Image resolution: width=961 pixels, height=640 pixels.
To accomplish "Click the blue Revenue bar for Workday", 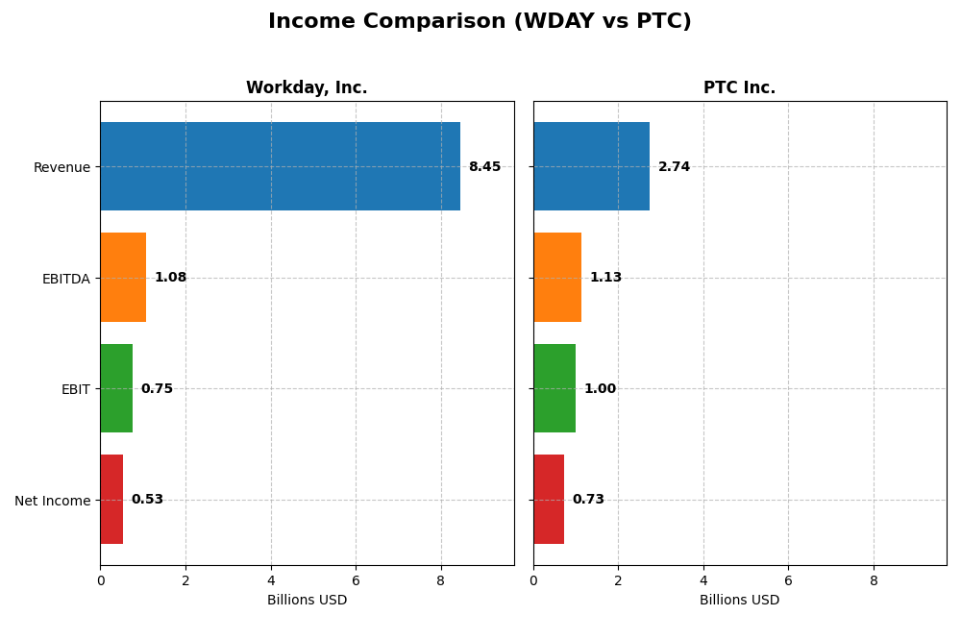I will [280, 166].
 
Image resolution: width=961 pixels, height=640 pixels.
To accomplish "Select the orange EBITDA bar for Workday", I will [123, 278].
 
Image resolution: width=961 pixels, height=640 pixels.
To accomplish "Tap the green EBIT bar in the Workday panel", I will [116, 388].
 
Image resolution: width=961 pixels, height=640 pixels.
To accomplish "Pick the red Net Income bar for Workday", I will [111, 500].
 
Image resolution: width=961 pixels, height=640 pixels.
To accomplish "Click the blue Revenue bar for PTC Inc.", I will [591, 166].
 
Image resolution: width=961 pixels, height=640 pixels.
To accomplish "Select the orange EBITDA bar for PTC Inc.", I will [557, 278].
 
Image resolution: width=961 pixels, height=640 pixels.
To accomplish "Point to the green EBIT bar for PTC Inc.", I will [554, 388].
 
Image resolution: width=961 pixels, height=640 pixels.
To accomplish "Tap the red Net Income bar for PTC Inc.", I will [549, 500].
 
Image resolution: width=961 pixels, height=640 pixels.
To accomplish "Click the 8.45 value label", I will [484, 167].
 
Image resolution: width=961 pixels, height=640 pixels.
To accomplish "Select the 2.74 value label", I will [674, 167].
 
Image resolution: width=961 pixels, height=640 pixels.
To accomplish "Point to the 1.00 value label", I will [600, 389].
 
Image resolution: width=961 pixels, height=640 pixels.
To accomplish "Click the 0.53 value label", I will [147, 500].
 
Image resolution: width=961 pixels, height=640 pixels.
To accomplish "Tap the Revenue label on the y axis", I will [62, 167].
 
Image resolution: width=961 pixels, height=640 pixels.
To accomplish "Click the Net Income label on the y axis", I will [53, 501].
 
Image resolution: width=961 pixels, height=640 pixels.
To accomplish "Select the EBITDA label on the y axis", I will [66, 279].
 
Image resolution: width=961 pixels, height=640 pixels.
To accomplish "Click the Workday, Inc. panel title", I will [307, 88].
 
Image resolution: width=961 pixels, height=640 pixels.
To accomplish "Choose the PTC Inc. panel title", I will [739, 88].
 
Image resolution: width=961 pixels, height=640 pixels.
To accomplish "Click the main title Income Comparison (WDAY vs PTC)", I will [480, 22].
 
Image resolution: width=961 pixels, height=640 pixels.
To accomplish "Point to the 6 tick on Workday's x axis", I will [356, 580].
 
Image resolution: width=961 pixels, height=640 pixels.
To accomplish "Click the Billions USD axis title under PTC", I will [739, 601].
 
